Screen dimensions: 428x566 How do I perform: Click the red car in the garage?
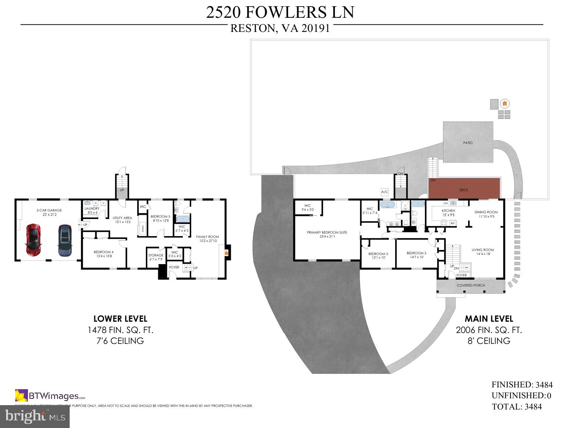point(33,240)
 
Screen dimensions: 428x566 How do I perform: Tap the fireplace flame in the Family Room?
point(226,253)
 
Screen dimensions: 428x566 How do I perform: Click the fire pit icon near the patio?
point(504,104)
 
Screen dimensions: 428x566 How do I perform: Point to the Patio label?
point(468,143)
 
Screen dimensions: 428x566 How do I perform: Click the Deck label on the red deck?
point(464,190)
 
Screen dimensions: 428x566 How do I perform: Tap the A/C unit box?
point(385,192)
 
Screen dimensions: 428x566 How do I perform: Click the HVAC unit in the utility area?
point(142,229)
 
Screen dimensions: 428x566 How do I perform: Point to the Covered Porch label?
point(471,285)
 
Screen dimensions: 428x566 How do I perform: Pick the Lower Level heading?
point(120,319)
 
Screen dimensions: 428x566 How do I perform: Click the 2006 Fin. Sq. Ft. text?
point(489,330)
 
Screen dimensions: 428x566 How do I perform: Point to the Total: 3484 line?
point(517,407)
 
